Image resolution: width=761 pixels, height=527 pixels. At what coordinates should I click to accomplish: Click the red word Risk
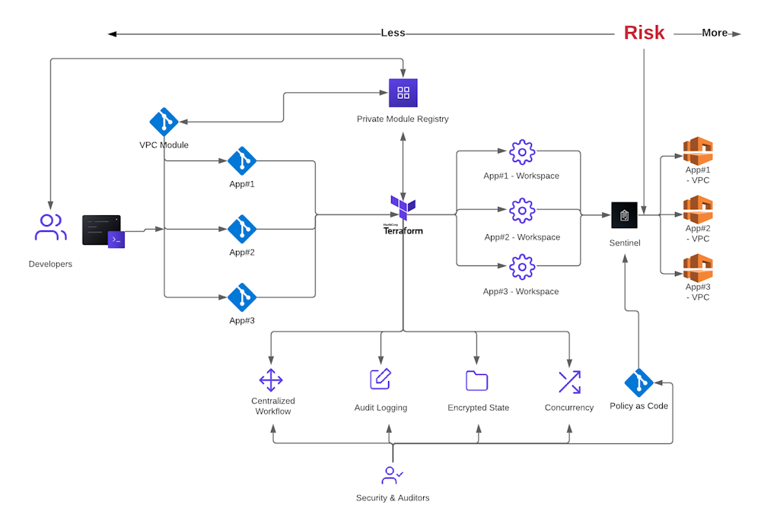pos(644,33)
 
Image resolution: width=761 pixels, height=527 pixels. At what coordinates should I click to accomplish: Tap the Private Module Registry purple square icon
pos(403,93)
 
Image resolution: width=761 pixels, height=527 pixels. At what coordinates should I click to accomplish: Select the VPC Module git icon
pos(164,122)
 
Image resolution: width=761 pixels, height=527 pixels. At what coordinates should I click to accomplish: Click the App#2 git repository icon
pos(242,229)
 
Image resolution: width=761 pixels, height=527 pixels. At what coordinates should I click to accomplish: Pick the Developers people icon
pos(50,227)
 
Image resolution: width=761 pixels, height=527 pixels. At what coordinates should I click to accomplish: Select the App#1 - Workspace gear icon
pos(522,152)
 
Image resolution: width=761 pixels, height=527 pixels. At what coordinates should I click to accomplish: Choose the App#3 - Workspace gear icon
pos(522,267)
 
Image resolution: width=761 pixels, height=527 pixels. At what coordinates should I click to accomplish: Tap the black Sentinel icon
pos(624,214)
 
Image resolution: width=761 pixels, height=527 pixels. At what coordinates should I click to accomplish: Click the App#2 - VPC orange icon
pos(698,209)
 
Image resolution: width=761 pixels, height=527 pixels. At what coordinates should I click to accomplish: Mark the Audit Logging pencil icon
pos(380,379)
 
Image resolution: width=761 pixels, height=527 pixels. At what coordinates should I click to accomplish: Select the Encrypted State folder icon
pos(476,380)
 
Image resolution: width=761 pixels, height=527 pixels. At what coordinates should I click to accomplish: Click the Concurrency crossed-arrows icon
pos(569,382)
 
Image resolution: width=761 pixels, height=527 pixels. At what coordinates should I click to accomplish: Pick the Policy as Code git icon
pos(638,383)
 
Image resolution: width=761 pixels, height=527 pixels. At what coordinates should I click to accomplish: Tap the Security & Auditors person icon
pos(392,475)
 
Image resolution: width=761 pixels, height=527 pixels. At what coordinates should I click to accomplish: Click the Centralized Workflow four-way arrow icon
pos(271,379)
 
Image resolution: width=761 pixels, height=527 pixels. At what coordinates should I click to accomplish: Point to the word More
pos(715,33)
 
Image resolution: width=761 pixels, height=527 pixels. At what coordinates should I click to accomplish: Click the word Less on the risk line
pos(393,33)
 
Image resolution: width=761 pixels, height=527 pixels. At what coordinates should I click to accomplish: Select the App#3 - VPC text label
pos(698,292)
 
